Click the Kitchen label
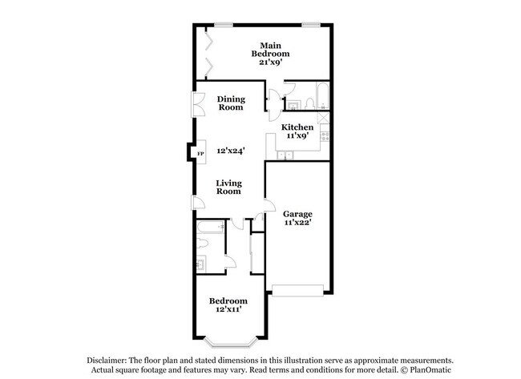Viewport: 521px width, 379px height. [297, 127]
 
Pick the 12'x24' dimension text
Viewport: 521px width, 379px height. [231, 150]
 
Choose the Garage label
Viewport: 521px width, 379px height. [297, 213]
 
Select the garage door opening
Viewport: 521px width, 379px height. [298, 287]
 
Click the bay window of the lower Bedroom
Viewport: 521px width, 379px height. [228, 340]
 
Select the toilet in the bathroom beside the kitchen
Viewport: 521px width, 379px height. [294, 103]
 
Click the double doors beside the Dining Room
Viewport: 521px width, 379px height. [195, 107]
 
